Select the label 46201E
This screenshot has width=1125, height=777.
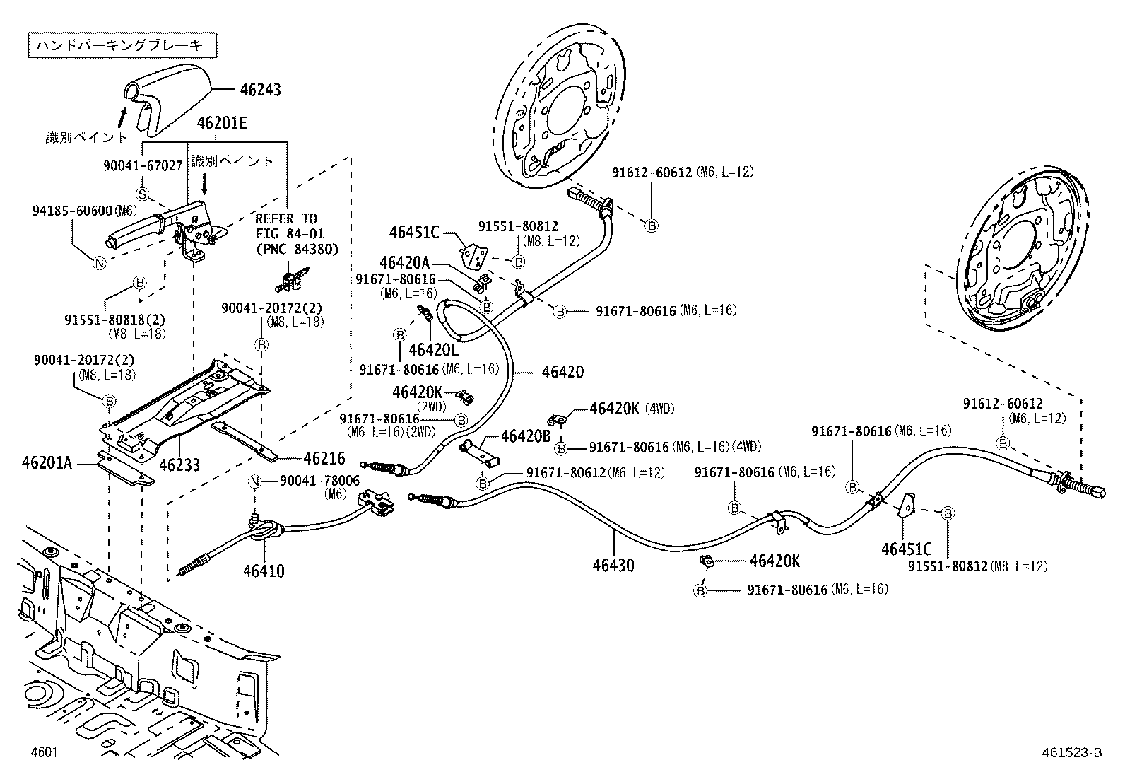[x=222, y=123]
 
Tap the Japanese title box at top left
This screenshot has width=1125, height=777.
[x=122, y=45]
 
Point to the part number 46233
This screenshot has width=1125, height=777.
[x=179, y=465]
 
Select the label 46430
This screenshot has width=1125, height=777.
[x=613, y=565]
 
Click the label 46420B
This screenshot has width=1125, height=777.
[x=526, y=436]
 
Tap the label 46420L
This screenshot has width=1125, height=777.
[x=434, y=349]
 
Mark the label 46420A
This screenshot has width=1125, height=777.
[x=404, y=262]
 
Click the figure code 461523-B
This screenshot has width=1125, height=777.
[x=1069, y=752]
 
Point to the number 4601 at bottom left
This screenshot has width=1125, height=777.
[x=44, y=752]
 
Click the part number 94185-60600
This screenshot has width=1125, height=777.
[x=73, y=211]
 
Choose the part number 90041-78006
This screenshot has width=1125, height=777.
[x=319, y=481]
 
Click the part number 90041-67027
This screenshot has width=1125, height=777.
[x=143, y=165]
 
